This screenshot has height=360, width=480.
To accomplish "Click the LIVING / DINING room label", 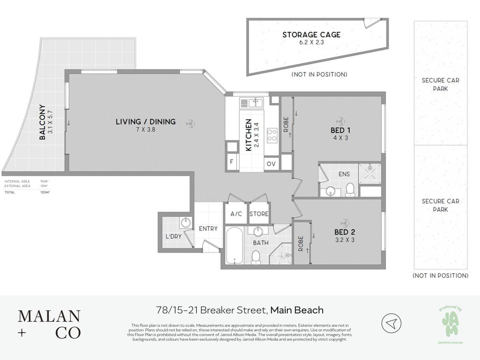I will click(x=146, y=122).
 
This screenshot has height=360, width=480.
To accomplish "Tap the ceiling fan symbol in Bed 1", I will click(x=340, y=120).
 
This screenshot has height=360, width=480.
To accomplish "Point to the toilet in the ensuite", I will click(x=350, y=190).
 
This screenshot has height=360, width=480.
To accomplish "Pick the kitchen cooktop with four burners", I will click(x=272, y=135).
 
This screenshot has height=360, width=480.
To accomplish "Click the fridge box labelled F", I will click(x=232, y=162).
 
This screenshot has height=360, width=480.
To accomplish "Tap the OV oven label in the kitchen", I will click(x=271, y=164).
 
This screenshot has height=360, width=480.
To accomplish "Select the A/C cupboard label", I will click(x=236, y=214).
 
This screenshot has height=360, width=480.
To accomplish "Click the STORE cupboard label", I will click(x=259, y=214).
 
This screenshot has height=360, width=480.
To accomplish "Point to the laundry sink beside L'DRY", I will click(x=185, y=222).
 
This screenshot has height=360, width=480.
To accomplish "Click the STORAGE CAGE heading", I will click(x=312, y=35).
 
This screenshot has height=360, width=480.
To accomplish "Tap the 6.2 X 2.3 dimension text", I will click(x=312, y=42).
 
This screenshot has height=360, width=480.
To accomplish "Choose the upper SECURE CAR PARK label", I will click(x=440, y=84).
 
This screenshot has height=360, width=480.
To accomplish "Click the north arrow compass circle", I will click(x=391, y=323).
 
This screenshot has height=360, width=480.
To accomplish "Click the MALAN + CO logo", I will click(x=49, y=324).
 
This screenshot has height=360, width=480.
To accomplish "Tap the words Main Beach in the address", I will click(x=297, y=310).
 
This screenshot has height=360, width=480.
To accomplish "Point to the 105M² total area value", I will click(x=44, y=192).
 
